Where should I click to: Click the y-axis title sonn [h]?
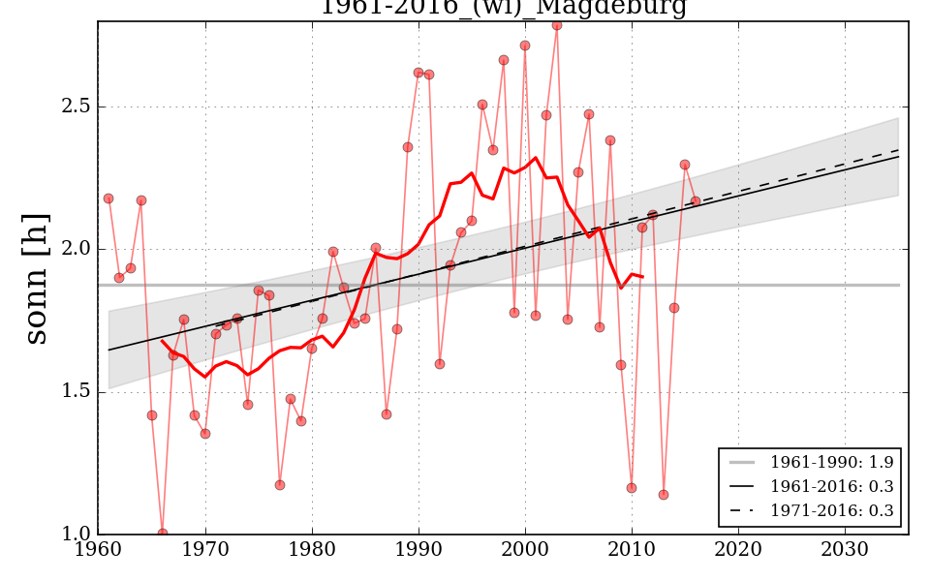tap(36, 279)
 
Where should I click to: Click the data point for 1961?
tap(108, 199)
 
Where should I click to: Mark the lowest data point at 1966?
tap(162, 533)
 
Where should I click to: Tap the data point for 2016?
tap(696, 201)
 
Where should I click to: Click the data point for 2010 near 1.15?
tap(632, 488)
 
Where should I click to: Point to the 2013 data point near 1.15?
tap(664, 495)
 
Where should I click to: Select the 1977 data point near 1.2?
tap(279, 485)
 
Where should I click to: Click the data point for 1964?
tap(140, 200)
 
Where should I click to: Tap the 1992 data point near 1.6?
tap(440, 364)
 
